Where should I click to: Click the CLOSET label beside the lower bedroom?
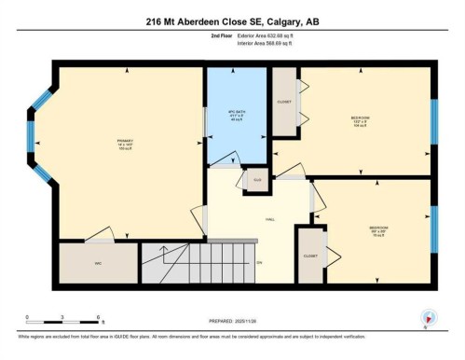309,256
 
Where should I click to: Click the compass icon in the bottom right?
428,316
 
